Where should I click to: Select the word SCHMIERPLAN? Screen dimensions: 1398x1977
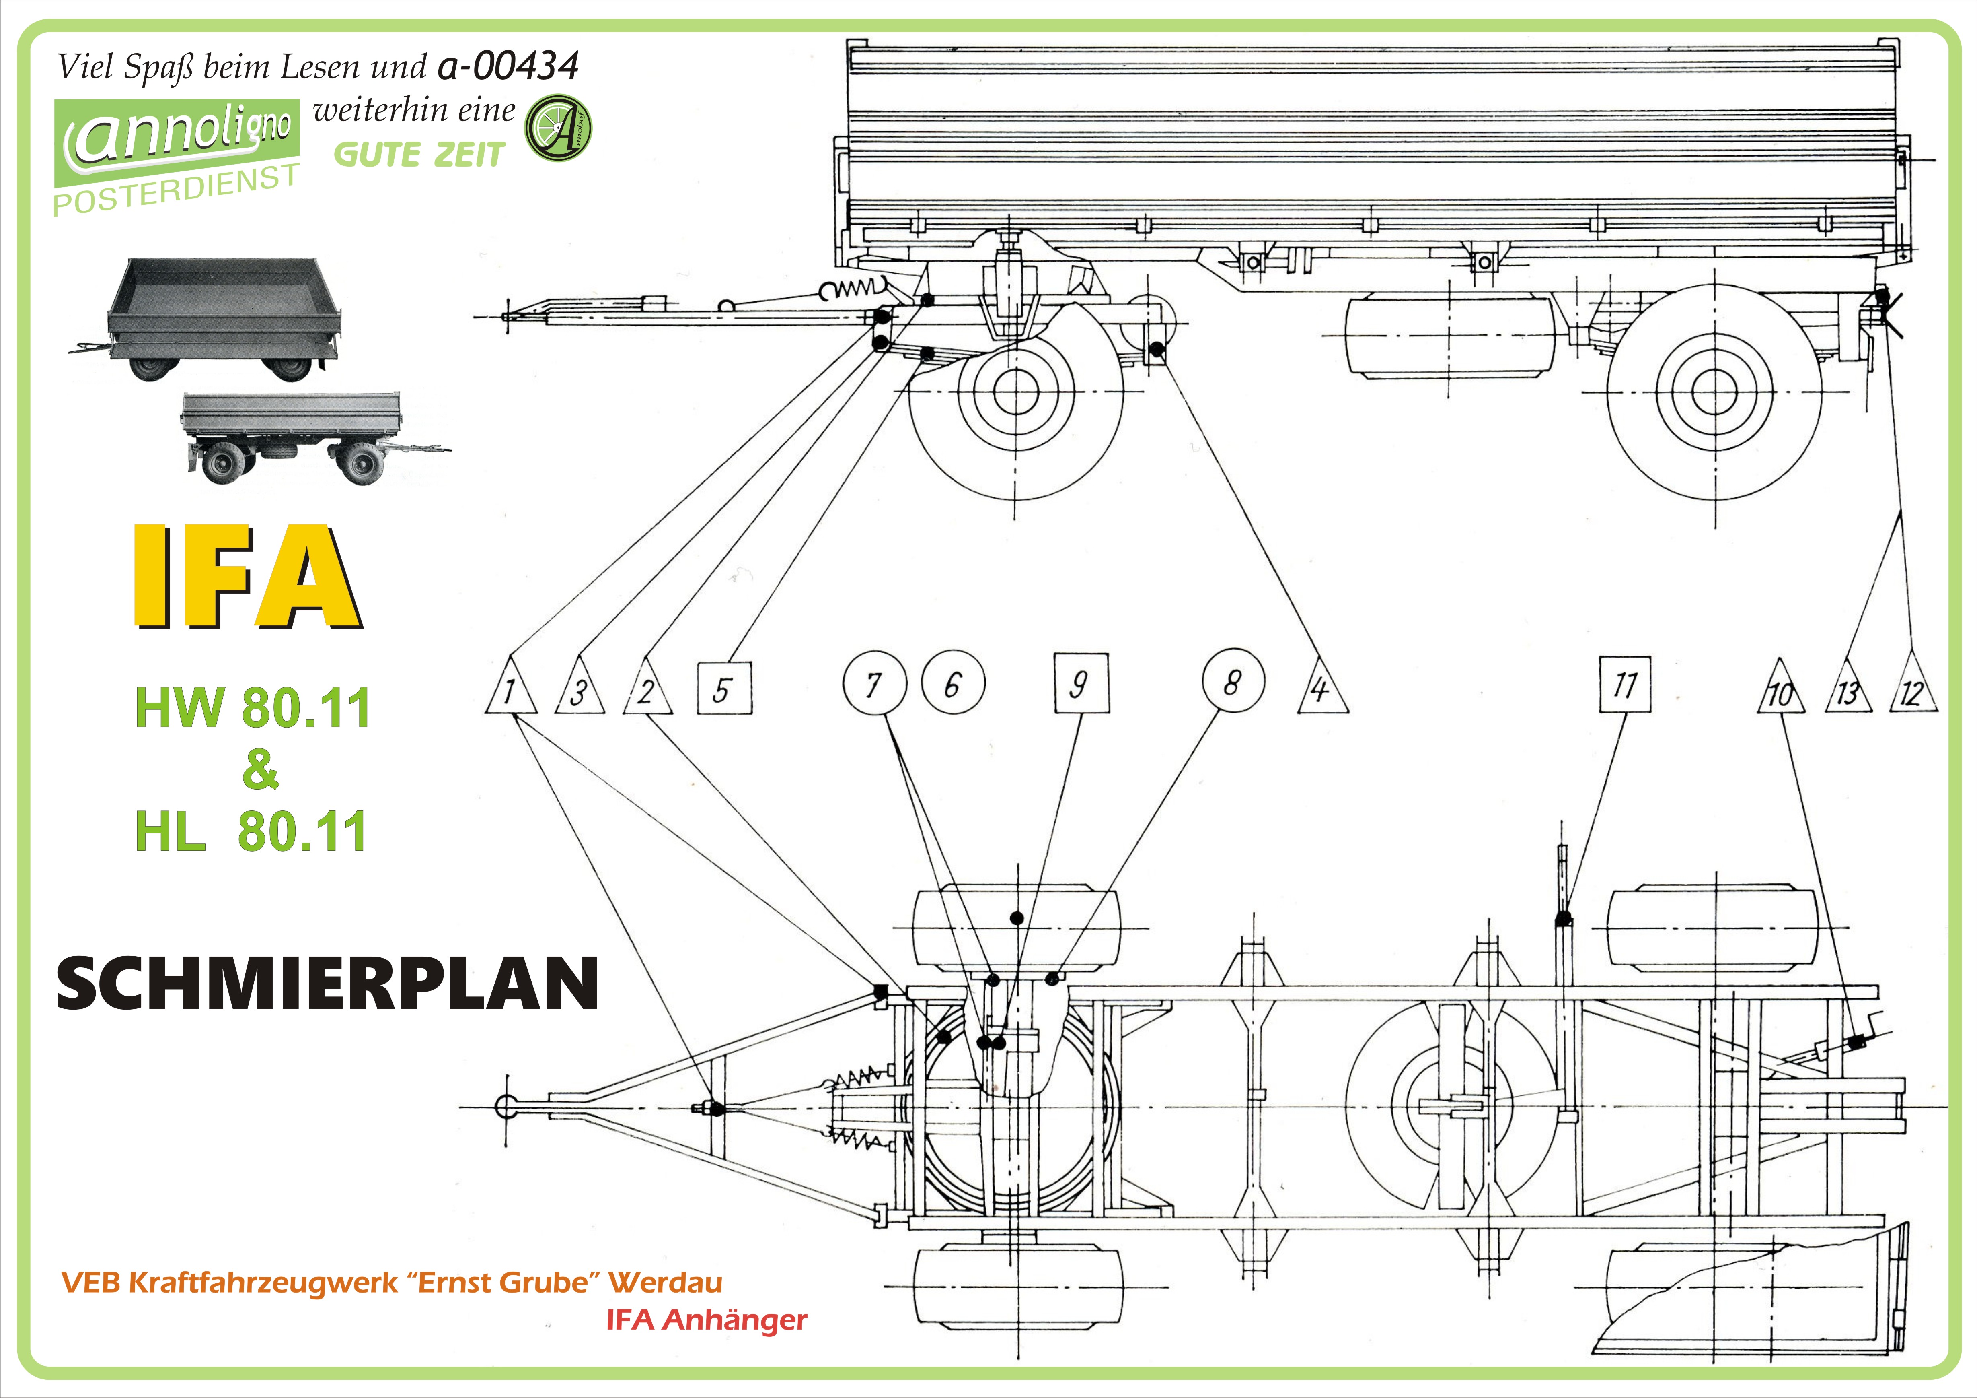(x=327, y=983)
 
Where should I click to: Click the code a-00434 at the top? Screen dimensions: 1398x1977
(x=508, y=66)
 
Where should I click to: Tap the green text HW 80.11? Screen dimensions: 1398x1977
(x=252, y=708)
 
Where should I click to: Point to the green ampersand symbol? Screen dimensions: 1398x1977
(x=260, y=769)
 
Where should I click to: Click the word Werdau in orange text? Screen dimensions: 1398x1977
(x=665, y=1283)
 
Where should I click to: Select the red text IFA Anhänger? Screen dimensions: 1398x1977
(x=706, y=1320)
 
